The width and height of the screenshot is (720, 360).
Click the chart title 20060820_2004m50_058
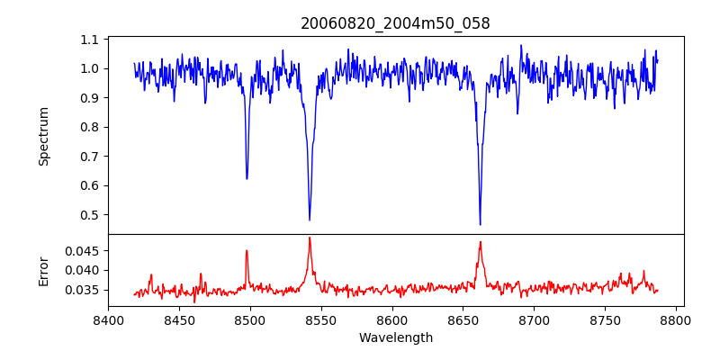tap(395, 23)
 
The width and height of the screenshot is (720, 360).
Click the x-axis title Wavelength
tap(395, 338)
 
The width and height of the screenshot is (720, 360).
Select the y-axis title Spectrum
tap(44, 136)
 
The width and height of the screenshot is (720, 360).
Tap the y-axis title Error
tap(44, 271)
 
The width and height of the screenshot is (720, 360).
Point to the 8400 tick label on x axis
tap(108, 319)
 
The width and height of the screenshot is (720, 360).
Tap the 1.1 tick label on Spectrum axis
tap(90, 40)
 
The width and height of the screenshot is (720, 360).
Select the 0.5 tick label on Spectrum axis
tap(90, 215)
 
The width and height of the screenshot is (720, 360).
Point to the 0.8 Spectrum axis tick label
tap(90, 127)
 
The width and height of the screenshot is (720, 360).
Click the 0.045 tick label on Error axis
tap(82, 250)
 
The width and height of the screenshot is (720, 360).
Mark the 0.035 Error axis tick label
tap(82, 290)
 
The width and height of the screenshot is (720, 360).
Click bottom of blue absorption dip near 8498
tap(247, 178)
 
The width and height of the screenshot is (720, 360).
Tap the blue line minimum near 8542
tap(310, 220)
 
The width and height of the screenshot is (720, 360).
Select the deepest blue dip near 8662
tap(480, 224)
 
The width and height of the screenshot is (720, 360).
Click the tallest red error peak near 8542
tap(310, 238)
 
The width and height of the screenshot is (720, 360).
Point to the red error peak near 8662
tap(481, 241)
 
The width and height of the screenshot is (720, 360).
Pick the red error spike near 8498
tap(247, 250)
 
